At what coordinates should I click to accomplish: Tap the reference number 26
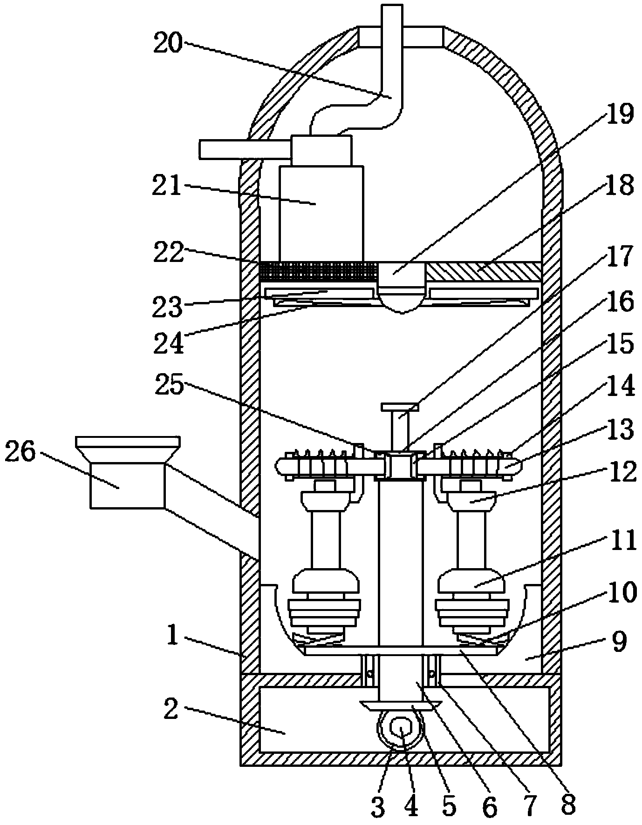point(20,452)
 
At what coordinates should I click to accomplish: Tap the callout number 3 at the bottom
point(378,806)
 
